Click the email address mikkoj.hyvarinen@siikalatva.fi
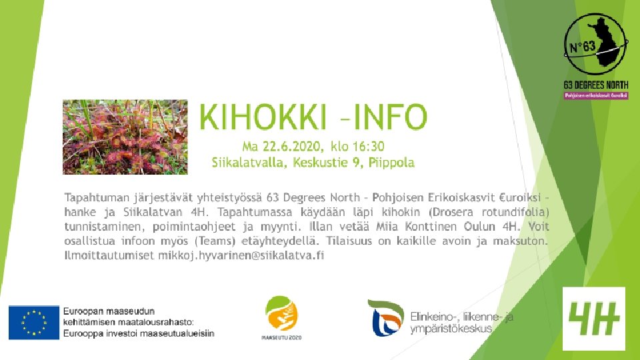(x=241, y=255)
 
